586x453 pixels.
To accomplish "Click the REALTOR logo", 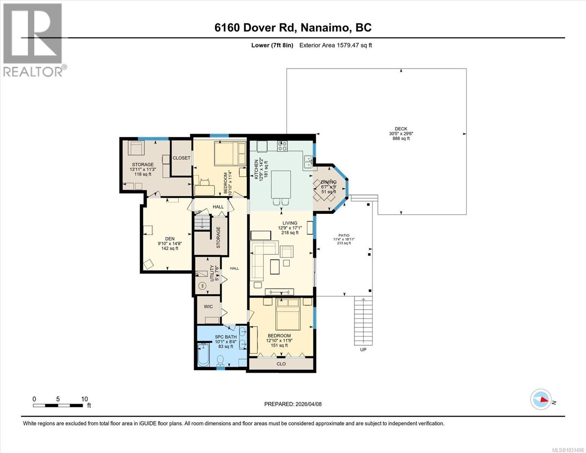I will [x=33, y=40].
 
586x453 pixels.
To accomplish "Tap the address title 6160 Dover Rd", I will [x=293, y=28].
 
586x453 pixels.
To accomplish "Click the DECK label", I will [x=401, y=129].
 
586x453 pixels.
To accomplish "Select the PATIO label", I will [x=344, y=235].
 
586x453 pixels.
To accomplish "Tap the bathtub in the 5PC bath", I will [x=203, y=354].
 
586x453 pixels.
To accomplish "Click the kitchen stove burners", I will [x=282, y=146].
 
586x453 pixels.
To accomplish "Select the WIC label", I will [x=208, y=307].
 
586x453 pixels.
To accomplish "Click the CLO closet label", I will [x=281, y=364].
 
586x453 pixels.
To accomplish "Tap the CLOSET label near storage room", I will [x=181, y=158].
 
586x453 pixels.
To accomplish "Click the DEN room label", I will [x=169, y=239].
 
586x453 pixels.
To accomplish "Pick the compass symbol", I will [x=541, y=399].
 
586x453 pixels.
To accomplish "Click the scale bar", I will [x=58, y=405].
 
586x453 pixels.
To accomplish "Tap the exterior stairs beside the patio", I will [x=363, y=321].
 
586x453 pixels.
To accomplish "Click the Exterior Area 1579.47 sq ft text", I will [x=335, y=45].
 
